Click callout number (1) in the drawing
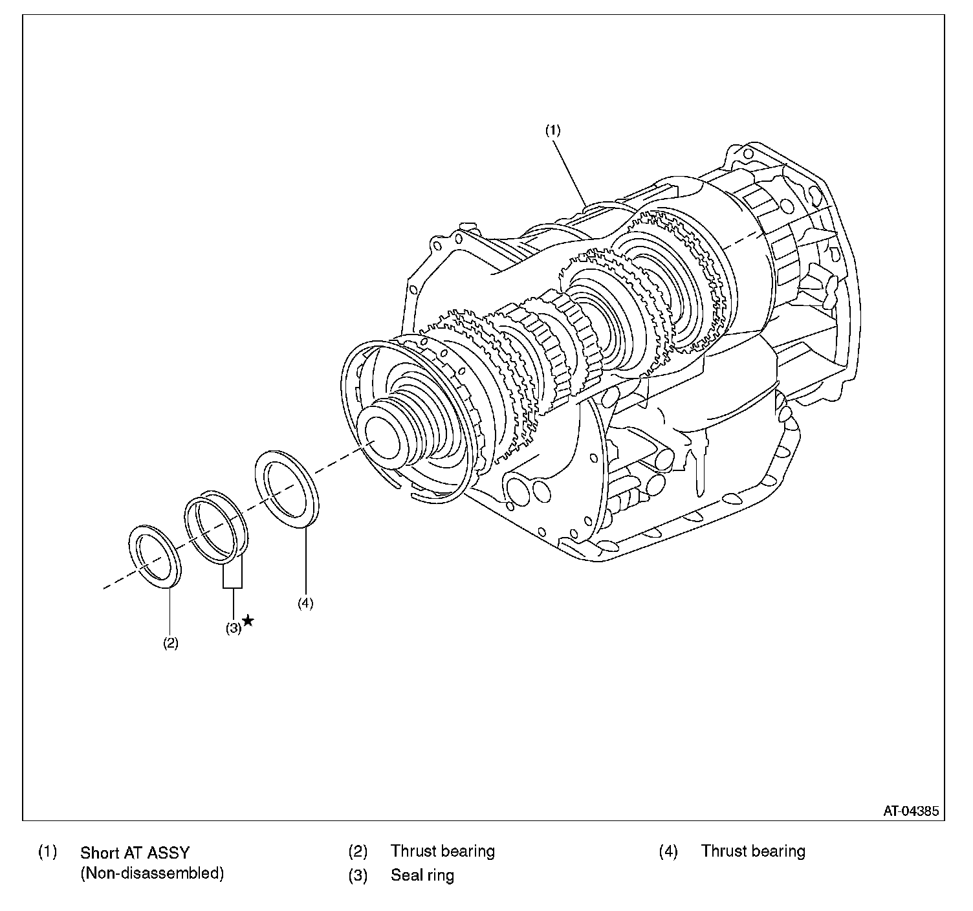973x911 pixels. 552,130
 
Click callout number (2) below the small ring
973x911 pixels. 170,643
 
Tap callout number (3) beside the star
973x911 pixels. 233,627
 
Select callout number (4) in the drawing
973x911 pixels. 305,602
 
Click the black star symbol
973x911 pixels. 248,622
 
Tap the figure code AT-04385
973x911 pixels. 911,810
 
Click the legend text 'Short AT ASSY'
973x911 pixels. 135,852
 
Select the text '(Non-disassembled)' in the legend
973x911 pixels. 152,873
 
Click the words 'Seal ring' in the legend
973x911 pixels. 422,875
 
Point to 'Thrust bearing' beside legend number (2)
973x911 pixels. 443,851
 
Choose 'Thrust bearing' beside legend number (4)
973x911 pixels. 753,851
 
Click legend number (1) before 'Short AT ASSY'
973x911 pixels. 47,851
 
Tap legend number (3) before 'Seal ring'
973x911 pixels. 358,875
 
